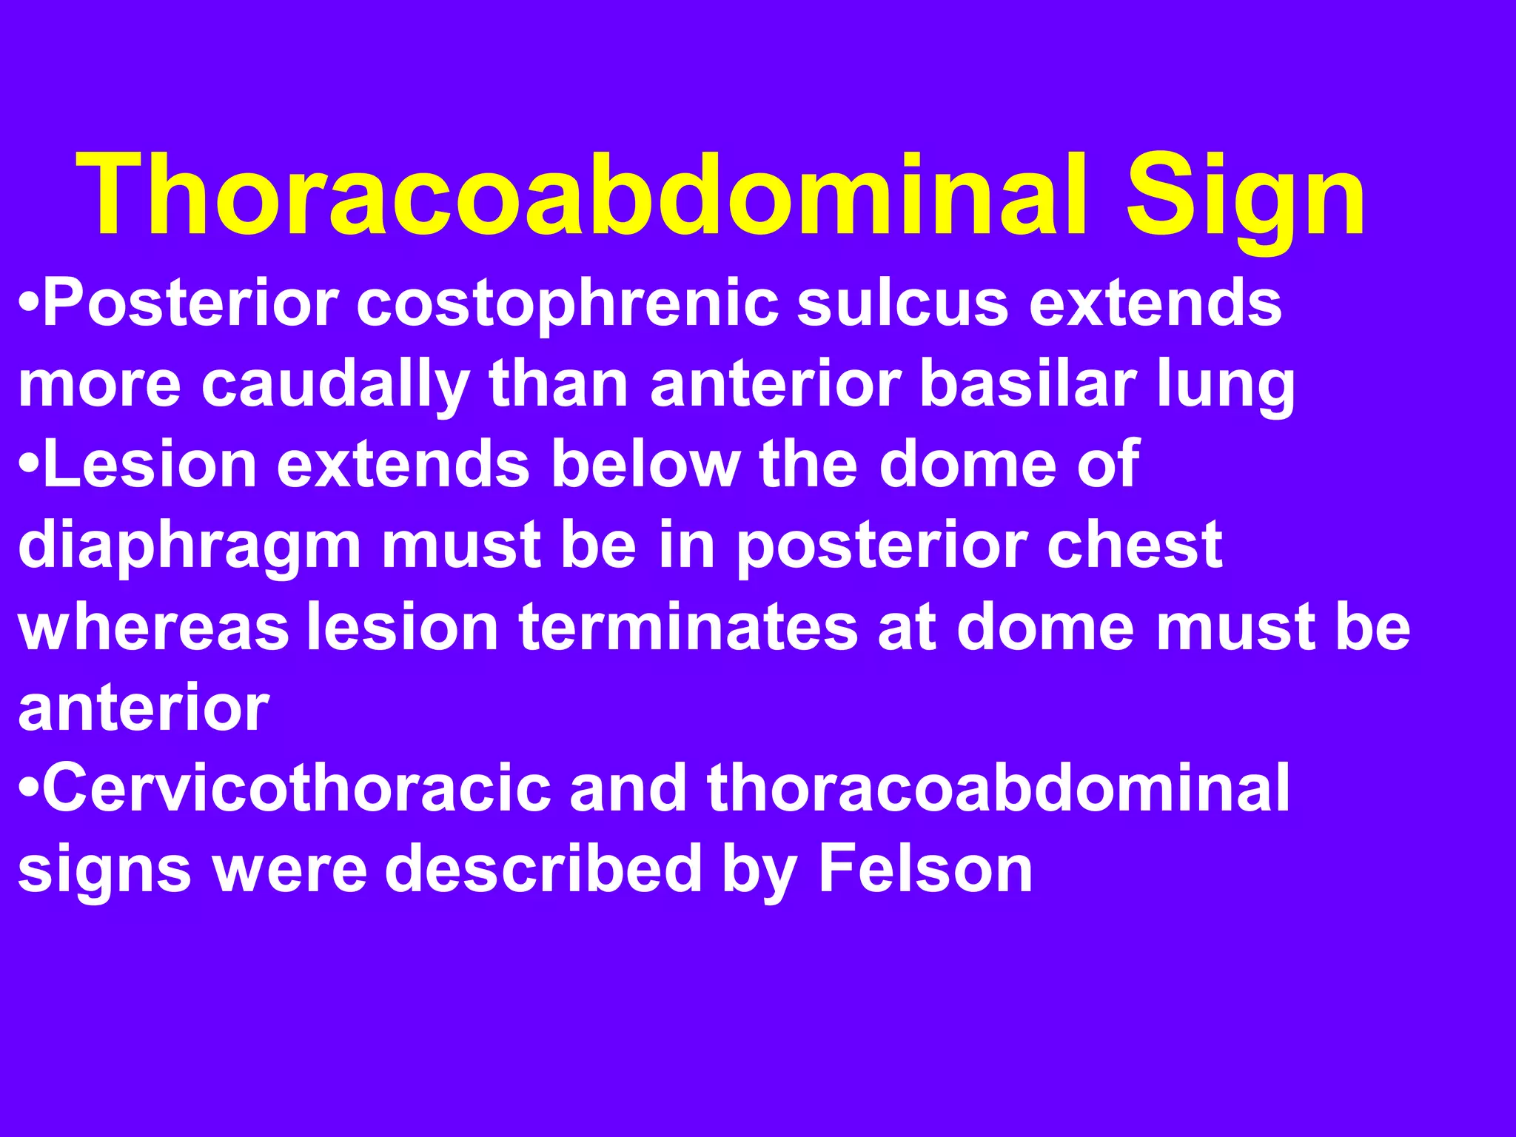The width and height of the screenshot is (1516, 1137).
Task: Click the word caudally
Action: tap(335, 386)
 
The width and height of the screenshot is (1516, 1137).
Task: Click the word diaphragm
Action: tap(189, 547)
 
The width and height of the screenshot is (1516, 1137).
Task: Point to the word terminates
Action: tap(688, 627)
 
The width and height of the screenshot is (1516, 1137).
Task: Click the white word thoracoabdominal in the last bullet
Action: tap(998, 788)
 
